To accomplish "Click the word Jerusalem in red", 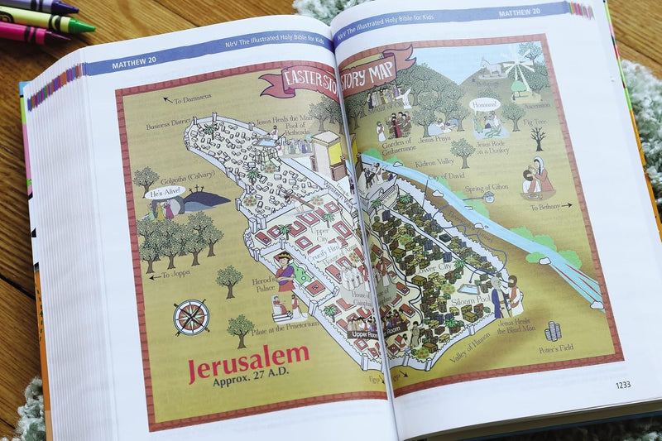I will [248, 362].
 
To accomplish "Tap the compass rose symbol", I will [191, 317].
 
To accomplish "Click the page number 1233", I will [622, 384].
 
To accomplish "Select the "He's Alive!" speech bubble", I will [161, 193].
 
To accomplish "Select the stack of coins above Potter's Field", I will [553, 330].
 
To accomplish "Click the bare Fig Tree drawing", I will [539, 137].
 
